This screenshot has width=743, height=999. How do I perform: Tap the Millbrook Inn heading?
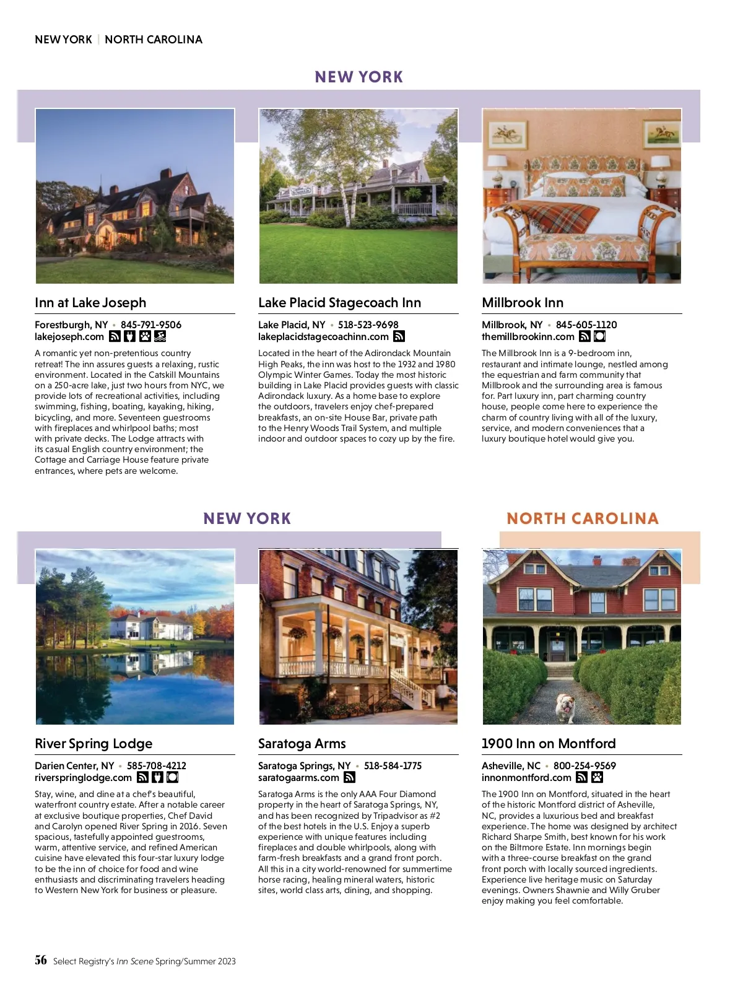[x=523, y=303]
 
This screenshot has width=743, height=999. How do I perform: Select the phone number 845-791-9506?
[x=151, y=325]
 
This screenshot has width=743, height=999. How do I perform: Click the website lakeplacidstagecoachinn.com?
[x=323, y=337]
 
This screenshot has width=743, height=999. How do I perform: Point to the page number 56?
[x=41, y=960]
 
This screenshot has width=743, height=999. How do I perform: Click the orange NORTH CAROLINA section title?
[x=582, y=518]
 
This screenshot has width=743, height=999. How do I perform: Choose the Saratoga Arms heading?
[x=302, y=744]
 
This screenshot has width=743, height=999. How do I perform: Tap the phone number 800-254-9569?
[x=584, y=766]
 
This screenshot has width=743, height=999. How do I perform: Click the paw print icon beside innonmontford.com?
[x=597, y=777]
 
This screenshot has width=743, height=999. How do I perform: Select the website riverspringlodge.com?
[x=83, y=778]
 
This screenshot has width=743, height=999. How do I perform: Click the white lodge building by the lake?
[x=152, y=626]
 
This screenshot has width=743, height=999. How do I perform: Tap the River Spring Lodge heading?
[x=93, y=744]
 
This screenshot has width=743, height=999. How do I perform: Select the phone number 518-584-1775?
[x=393, y=766]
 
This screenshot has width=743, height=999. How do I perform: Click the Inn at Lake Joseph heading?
[x=90, y=303]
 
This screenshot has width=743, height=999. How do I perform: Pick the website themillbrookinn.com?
[x=528, y=337]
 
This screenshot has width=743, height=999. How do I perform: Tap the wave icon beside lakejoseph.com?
[x=160, y=336]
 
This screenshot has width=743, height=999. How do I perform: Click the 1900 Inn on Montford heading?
[x=549, y=744]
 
